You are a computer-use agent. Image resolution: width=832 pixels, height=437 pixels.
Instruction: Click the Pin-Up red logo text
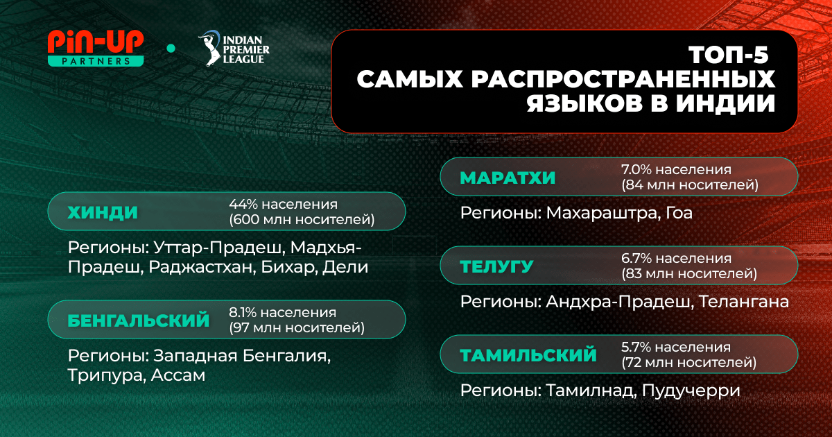coord(96,43)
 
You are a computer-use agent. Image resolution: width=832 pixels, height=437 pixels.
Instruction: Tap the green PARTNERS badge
coord(96,61)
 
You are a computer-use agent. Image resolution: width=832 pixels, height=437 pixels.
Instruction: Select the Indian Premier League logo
coord(234,49)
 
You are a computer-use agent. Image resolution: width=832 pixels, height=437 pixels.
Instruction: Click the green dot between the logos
coord(171,49)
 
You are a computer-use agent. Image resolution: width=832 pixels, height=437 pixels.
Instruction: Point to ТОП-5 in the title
coord(729,55)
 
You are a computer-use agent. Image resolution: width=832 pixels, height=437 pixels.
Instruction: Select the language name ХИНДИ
coord(103,212)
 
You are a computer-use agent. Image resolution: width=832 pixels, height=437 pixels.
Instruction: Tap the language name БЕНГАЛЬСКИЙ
coord(139,320)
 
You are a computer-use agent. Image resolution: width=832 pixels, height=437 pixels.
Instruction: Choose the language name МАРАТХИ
coord(508,178)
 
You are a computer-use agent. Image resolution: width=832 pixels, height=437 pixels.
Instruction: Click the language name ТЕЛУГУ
coord(497,267)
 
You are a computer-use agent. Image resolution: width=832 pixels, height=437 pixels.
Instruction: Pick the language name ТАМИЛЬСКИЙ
coord(528,355)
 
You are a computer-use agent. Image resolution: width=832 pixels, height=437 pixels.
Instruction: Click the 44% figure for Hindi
coord(243,204)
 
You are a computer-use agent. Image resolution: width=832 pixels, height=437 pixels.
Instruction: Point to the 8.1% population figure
coord(243,313)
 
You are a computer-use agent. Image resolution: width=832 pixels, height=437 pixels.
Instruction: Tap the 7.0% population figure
coord(636,169)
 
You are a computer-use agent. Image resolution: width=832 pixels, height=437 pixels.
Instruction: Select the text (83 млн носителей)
coord(689,274)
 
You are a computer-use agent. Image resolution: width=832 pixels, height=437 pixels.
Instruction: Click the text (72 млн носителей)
coord(689,362)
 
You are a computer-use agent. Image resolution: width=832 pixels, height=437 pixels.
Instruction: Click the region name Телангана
coord(744,302)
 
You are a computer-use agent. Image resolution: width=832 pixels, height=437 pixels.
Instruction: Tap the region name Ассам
coord(178,375)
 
